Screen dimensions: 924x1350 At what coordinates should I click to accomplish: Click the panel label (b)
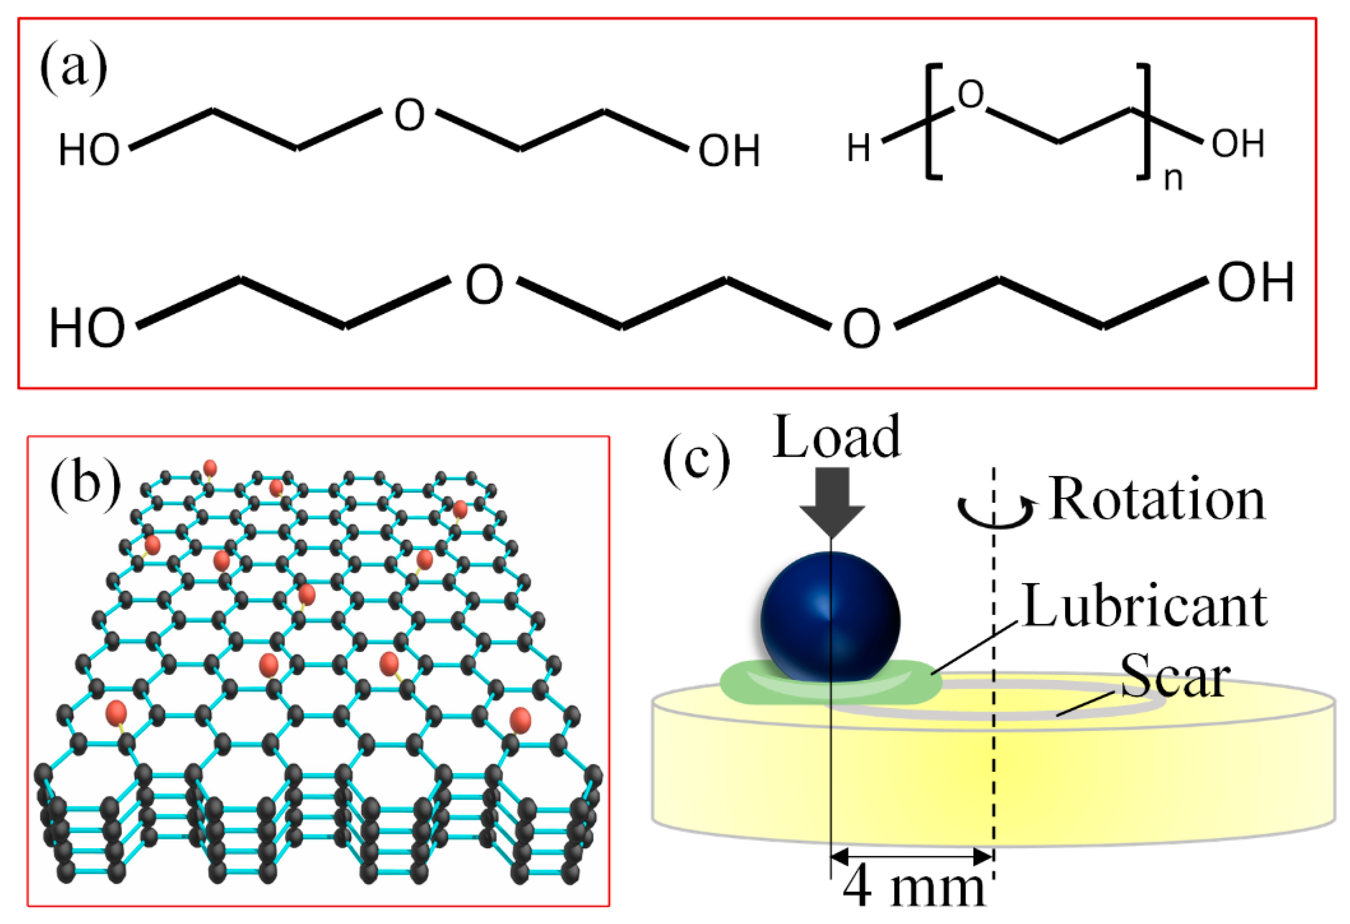[x=86, y=485]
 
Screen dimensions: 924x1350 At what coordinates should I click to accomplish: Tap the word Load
[x=836, y=437]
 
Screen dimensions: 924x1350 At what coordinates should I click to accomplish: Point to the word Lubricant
[x=1144, y=607]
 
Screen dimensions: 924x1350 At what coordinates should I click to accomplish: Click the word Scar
[x=1175, y=676]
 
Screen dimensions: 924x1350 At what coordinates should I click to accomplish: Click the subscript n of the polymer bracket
[x=1173, y=179]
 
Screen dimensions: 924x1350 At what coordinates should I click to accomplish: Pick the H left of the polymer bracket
[x=858, y=148]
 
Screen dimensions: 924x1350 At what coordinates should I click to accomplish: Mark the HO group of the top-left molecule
[x=89, y=150]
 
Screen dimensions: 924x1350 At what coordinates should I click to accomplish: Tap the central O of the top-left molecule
[x=409, y=115]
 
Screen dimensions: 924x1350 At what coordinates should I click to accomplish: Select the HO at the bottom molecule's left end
[x=87, y=329]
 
